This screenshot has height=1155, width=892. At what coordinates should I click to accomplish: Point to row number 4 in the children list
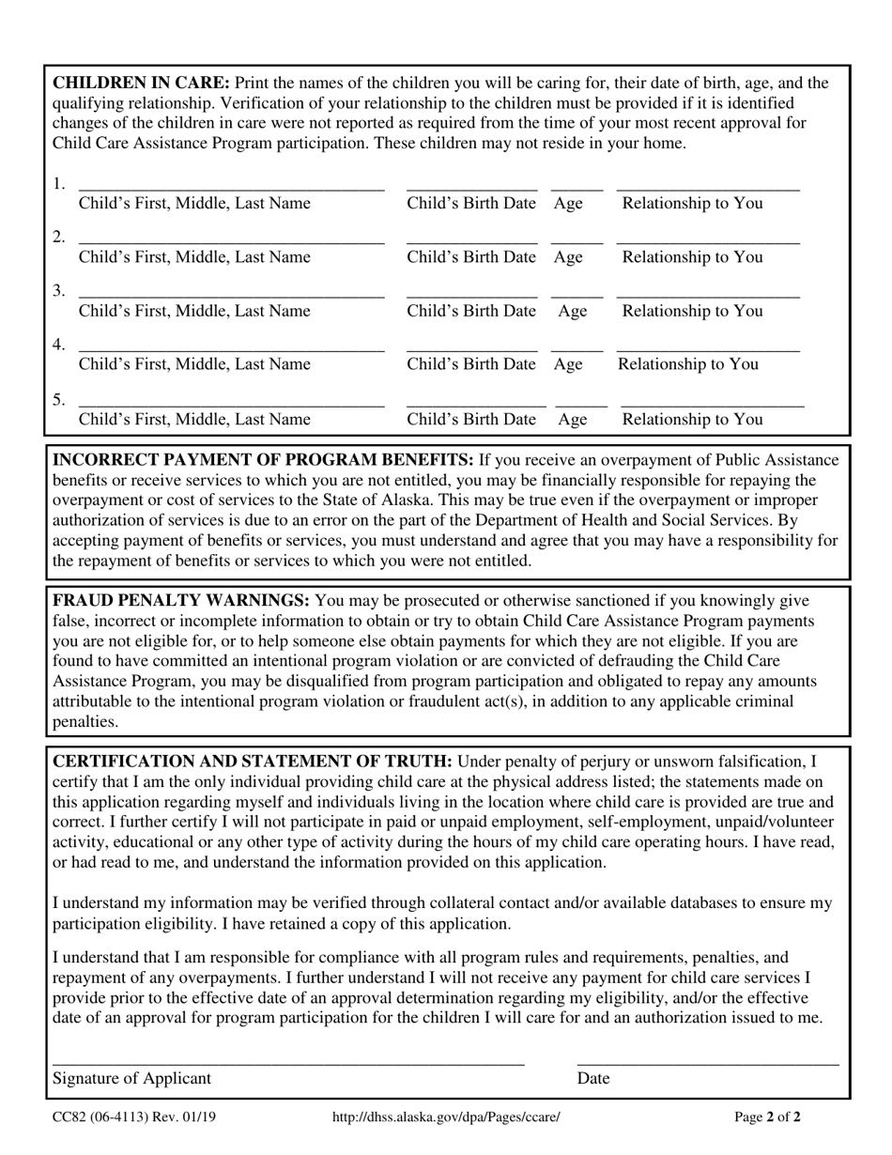point(59,345)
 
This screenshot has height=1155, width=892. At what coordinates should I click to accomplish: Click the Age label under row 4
point(568,364)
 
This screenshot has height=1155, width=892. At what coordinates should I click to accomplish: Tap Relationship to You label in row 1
point(692,204)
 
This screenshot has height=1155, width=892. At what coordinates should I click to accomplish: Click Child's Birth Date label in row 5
point(471,420)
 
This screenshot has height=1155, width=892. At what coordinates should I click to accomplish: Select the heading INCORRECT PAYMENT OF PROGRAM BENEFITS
point(263,460)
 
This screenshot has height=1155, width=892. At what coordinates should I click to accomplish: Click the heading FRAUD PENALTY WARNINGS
point(181,601)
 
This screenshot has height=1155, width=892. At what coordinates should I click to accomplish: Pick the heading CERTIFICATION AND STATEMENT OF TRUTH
point(253,762)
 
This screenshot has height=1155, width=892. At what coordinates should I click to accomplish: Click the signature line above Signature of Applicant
point(287,1062)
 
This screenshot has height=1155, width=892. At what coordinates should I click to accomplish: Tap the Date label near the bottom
point(593,1079)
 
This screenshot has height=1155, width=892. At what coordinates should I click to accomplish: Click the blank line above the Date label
point(707,1062)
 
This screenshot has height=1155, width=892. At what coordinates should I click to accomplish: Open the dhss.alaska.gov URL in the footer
point(446,1118)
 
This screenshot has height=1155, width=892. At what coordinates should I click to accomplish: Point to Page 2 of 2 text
point(767,1118)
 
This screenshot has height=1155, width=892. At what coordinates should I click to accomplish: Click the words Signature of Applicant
point(131,1079)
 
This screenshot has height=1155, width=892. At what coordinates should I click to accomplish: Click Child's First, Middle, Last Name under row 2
point(194,257)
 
